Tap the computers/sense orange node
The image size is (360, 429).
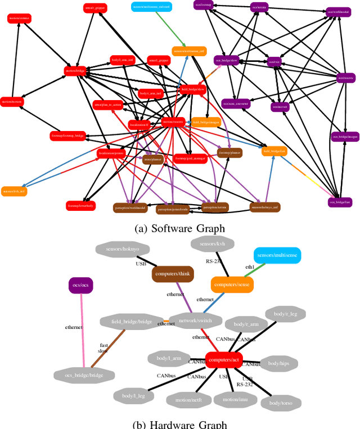coord(232,285)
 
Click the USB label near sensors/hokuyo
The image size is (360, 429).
coord(141,263)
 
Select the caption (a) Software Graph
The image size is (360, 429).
coord(180,228)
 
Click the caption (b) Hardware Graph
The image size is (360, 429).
coord(180,423)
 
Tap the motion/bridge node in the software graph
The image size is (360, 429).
coord(75,71)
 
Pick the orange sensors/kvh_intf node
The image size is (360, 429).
coord(15,191)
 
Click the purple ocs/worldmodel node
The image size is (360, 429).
coord(337,11)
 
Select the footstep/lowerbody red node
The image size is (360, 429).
coord(81,206)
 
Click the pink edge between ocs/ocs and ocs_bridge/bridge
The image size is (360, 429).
coord(83,332)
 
